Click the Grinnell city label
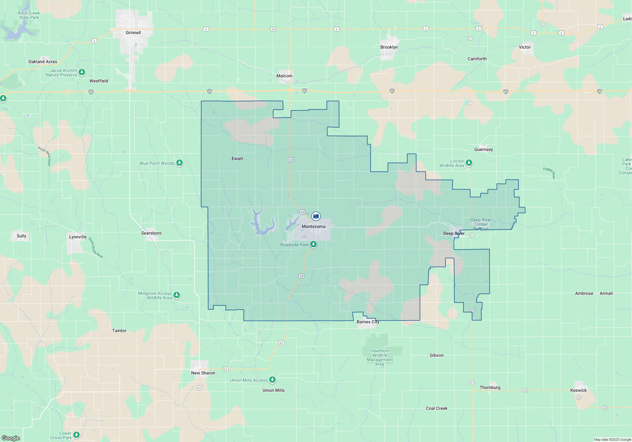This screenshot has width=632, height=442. point(133,33)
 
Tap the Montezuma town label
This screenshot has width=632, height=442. point(313,226)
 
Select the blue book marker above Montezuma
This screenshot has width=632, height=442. point(316,216)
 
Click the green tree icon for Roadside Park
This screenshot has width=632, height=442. point(313,244)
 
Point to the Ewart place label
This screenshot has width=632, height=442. point(237,158)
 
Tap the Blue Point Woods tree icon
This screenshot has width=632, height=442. point(179,163)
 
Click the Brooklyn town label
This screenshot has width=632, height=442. point(389,47)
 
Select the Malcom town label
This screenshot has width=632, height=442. point(284,76)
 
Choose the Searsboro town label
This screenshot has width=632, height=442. point(151,233)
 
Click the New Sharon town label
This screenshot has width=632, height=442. point(203,373)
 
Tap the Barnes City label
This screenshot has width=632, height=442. point(368,322)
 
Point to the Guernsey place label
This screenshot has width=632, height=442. point(483,149)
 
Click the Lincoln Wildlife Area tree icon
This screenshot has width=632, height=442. point(469,163)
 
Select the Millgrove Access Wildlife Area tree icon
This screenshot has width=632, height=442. point(177,295)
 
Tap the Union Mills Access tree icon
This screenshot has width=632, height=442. point(272,379)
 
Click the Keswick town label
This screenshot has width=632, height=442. point(578,390)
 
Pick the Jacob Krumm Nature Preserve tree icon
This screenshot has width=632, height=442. point(82,72)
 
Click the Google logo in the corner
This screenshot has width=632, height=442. point(11,438)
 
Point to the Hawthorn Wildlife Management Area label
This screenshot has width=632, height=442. point(380,357)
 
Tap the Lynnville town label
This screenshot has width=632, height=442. point(78,237)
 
